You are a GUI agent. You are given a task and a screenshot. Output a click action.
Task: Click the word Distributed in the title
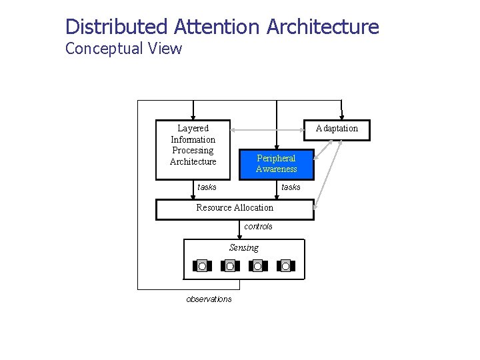(117, 27)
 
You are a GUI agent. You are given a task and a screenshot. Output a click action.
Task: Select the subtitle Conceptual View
(123, 49)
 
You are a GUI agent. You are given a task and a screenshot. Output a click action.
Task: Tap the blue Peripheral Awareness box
(276, 164)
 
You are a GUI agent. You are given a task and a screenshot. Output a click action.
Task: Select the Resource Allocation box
(235, 209)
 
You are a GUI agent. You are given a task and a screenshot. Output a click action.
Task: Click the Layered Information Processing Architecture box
(193, 150)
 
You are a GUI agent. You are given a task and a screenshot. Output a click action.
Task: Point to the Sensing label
(244, 248)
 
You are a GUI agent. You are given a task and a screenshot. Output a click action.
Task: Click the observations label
(209, 299)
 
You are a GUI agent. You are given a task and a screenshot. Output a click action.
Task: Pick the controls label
(258, 227)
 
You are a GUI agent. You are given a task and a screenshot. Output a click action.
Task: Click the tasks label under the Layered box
(207, 187)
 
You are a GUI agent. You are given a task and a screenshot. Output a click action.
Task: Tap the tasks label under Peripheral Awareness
(291, 187)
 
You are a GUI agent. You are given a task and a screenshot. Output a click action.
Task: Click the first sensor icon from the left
(202, 266)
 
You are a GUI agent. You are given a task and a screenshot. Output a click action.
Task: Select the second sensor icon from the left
(230, 266)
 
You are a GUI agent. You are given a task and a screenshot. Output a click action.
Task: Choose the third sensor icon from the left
(258, 266)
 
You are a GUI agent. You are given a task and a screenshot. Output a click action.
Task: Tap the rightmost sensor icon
(286, 266)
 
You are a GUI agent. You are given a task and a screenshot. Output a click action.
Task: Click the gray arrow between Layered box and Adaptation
(267, 129)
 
